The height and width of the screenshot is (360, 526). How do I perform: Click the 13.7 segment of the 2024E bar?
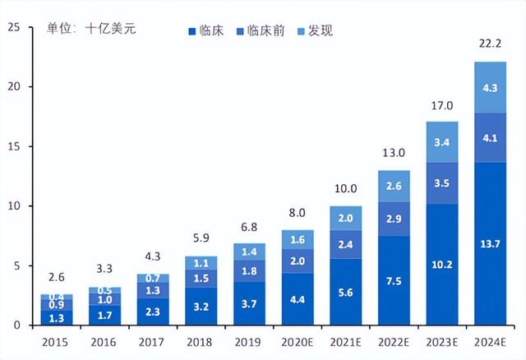[x=490, y=244]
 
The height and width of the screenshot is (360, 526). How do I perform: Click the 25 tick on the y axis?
[x=12, y=27]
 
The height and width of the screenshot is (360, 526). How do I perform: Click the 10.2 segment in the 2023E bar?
[x=441, y=265]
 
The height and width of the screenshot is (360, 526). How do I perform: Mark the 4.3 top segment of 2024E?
[x=490, y=87]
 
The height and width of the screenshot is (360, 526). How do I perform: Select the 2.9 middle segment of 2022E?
[x=394, y=219]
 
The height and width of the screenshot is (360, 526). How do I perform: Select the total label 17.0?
[x=441, y=105]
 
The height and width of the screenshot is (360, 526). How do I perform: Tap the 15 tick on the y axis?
[x=12, y=146]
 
